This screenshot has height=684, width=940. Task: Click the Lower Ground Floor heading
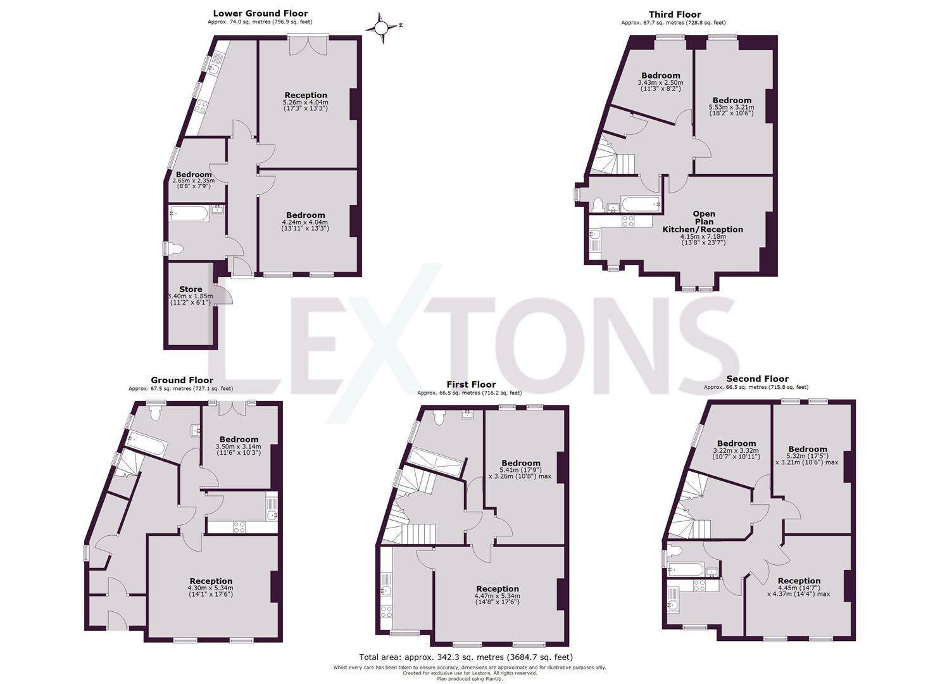(260, 13)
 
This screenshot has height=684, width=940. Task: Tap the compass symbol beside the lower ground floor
(381, 27)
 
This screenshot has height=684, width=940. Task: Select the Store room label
(191, 289)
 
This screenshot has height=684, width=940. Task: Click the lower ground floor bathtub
(189, 214)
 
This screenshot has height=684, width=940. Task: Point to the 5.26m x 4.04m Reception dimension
(306, 102)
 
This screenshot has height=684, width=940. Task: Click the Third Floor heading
(675, 15)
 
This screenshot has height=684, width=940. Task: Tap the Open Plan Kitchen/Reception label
(703, 222)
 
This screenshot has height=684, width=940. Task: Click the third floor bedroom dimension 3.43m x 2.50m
(660, 82)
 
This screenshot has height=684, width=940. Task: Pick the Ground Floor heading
(182, 381)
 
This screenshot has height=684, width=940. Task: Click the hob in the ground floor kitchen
(239, 526)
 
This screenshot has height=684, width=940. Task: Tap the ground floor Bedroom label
(239, 440)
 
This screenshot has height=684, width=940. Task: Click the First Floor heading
(471, 384)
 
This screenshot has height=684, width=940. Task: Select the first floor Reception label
(498, 589)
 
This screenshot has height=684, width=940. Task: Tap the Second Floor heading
(757, 379)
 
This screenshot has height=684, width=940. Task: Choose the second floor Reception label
(799, 581)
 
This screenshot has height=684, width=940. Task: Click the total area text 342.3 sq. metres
(466, 657)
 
